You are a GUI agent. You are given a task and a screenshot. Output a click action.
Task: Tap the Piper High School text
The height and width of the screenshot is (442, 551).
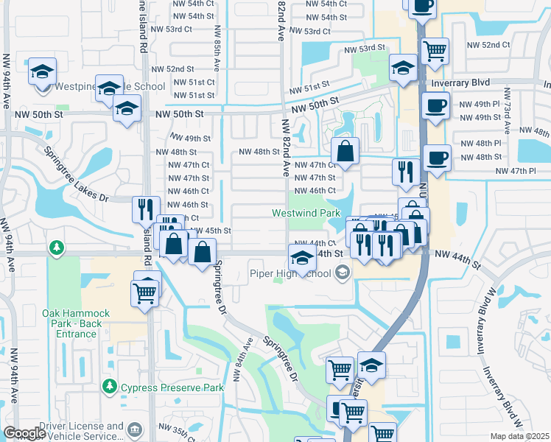tap(289, 273)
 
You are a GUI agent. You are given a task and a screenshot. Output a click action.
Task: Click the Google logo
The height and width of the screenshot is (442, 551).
tap(24, 433)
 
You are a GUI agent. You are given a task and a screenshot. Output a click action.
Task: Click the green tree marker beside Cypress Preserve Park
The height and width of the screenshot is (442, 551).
tap(110, 386)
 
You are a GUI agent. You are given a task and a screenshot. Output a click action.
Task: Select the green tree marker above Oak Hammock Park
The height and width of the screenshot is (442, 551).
tap(55, 246)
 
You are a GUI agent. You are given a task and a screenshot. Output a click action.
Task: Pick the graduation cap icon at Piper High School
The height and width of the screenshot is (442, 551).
tap(301, 258)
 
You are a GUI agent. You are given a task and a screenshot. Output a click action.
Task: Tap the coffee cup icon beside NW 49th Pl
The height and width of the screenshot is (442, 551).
tap(435, 105)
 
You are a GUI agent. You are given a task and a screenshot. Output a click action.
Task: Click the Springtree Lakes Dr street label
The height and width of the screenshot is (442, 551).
tap(77, 175)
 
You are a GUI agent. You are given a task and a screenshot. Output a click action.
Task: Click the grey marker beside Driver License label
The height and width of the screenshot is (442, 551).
tap(134, 429)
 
